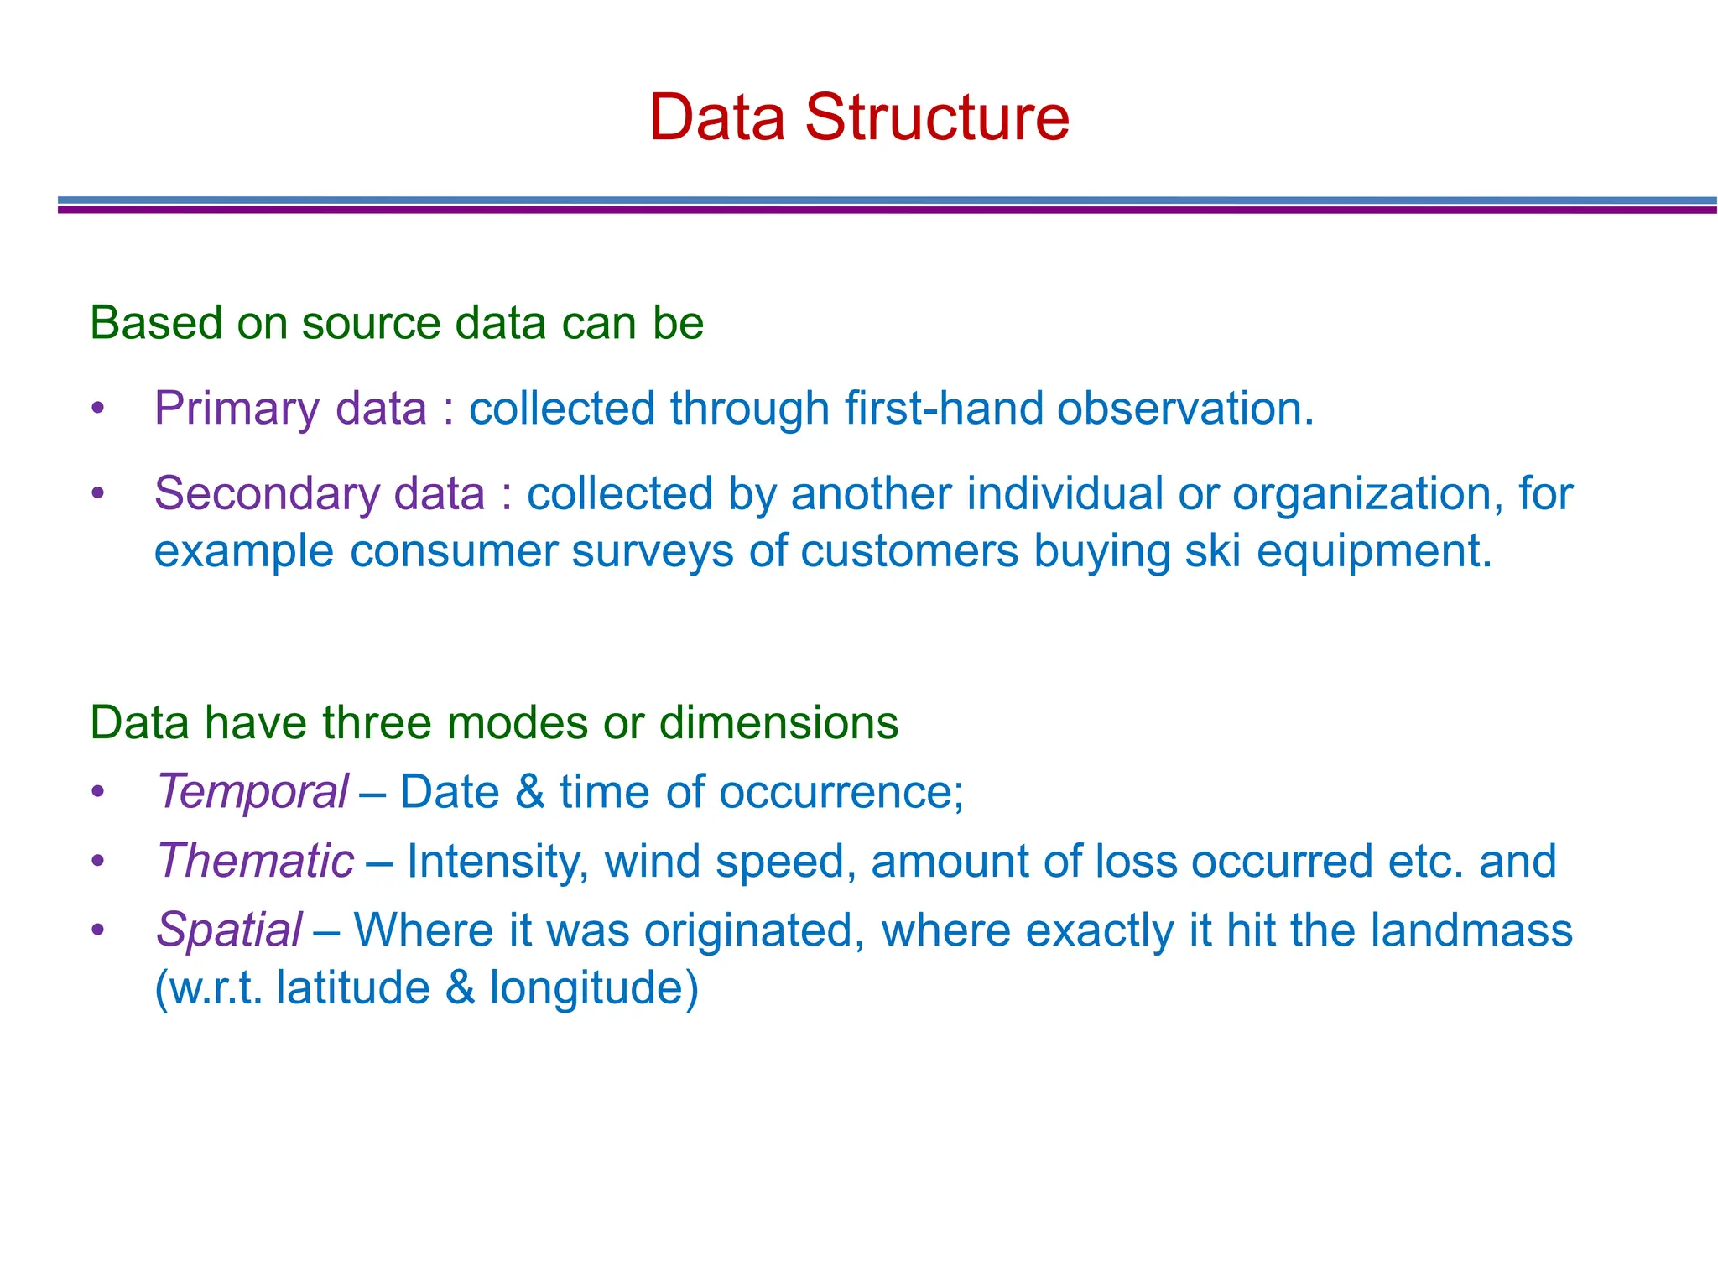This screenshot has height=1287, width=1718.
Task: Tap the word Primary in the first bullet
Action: pyautogui.click(x=237, y=409)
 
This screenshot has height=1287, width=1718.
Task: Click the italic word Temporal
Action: pyautogui.click(x=252, y=791)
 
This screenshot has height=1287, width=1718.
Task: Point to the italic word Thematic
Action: pyautogui.click(x=256, y=861)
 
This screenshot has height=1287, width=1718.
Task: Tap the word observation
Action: pyautogui.click(x=1184, y=409)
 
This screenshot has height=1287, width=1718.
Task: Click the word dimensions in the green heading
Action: pyautogui.click(x=778, y=722)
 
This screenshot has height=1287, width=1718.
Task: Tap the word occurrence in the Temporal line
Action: pyautogui.click(x=841, y=791)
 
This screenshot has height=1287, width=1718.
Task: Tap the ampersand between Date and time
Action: pyautogui.click(x=530, y=791)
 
